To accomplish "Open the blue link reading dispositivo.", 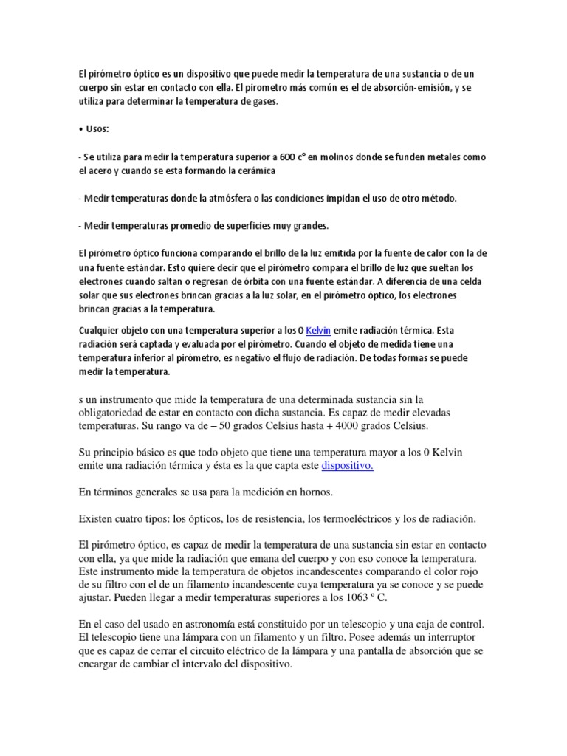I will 348,466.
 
